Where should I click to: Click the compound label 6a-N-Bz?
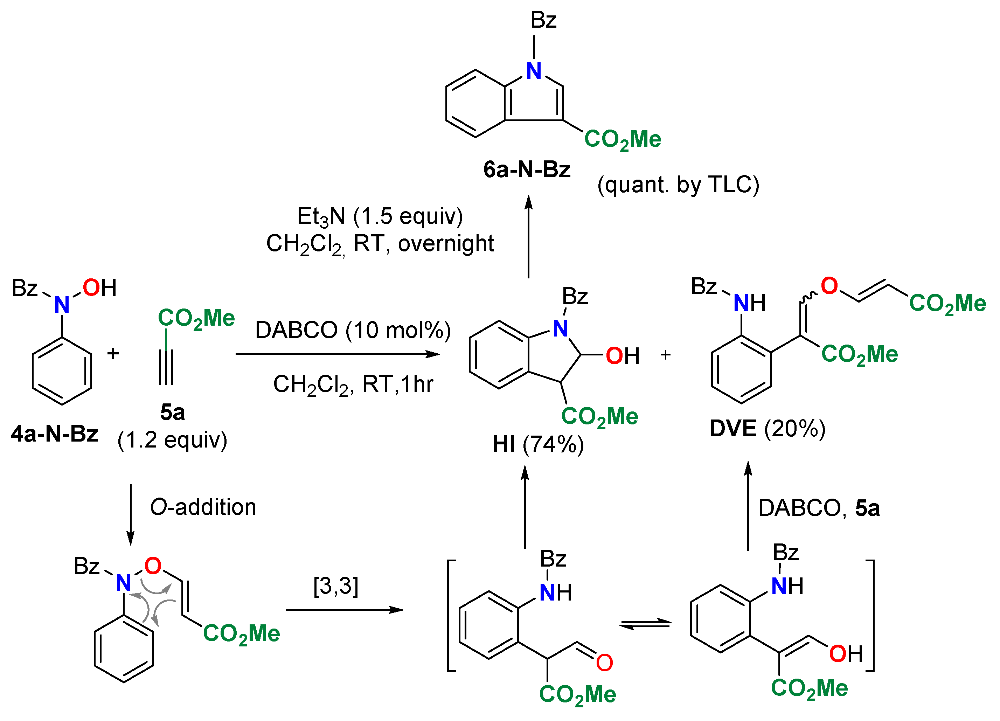(527, 170)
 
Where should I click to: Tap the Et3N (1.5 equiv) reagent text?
(380, 216)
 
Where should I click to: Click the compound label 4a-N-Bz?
(55, 434)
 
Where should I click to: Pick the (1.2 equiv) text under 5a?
(172, 440)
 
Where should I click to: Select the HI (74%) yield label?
(538, 444)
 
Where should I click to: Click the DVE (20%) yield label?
(767, 429)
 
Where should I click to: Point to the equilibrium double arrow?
(645, 624)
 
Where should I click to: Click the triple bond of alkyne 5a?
(166, 367)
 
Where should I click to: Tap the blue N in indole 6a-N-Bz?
(534, 71)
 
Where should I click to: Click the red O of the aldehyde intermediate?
(604, 663)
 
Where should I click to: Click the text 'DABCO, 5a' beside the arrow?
(819, 508)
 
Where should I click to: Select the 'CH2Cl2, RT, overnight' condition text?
(380, 244)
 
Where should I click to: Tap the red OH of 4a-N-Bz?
(99, 288)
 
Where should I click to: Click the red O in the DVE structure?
(829, 286)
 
